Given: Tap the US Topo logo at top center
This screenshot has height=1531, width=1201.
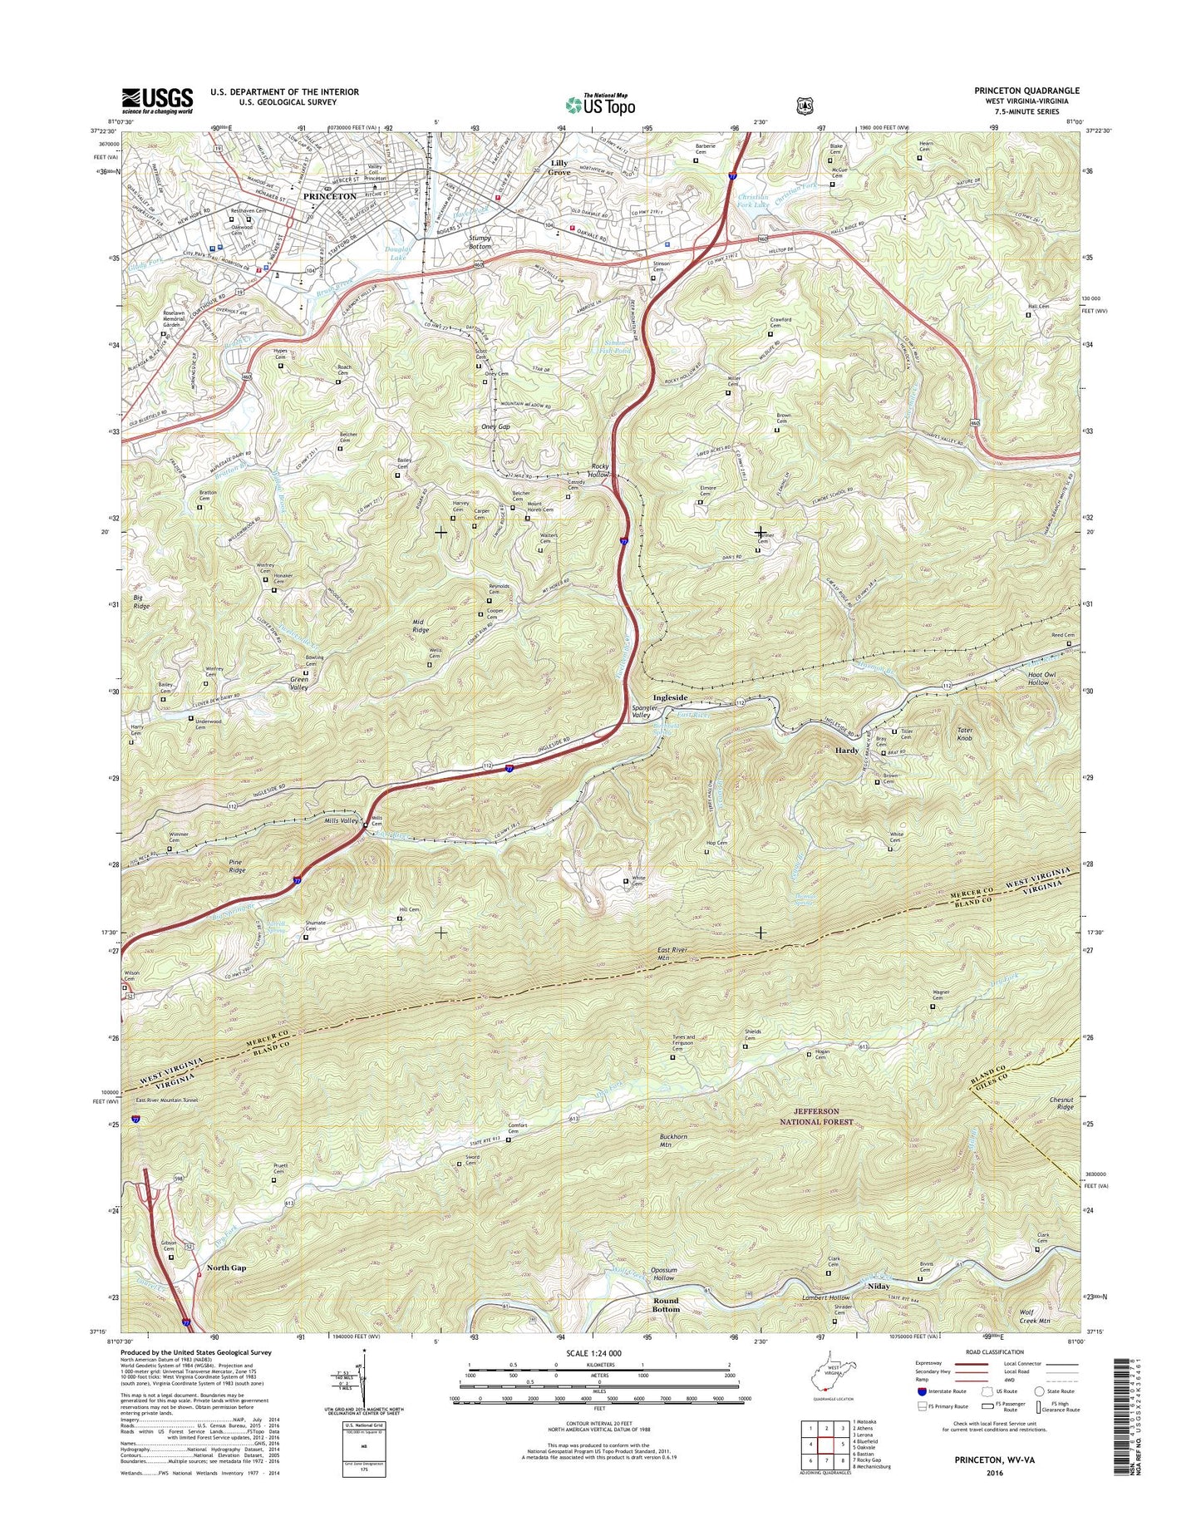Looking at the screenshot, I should click(x=600, y=105).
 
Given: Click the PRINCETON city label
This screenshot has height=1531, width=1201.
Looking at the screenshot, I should click(x=329, y=196).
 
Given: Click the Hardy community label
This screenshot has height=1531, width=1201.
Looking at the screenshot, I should click(x=846, y=750).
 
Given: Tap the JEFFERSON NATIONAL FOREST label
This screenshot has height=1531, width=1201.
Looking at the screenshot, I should click(x=828, y=1115).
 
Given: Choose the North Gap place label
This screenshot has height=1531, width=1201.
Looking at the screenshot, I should click(x=226, y=1268).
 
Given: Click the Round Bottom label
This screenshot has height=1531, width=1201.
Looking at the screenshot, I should click(x=665, y=1304).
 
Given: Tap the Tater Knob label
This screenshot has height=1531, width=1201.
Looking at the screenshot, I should click(x=964, y=734).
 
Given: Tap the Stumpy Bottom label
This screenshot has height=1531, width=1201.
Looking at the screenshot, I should click(x=480, y=242).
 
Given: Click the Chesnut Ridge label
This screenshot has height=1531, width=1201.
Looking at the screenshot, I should click(x=1061, y=1103).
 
